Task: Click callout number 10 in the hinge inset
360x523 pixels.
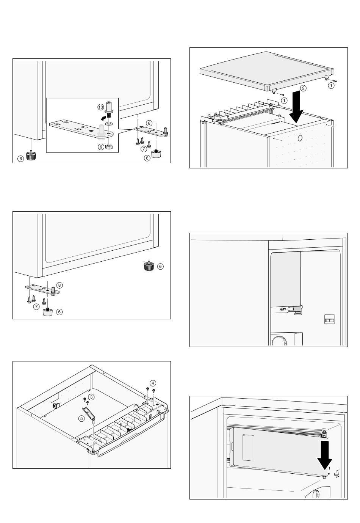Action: tap(100, 107)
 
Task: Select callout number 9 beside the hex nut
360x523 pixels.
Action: tap(100, 146)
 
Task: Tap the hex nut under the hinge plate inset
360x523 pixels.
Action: tap(108, 146)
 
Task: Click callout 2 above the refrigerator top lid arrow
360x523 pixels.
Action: tap(303, 88)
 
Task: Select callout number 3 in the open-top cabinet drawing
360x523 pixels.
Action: tap(91, 396)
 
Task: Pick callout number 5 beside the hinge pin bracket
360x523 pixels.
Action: tap(81, 419)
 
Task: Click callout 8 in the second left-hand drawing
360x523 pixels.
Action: tap(59, 285)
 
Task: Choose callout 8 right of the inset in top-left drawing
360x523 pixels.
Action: tap(149, 123)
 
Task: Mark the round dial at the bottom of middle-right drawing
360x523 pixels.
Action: tap(280, 340)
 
